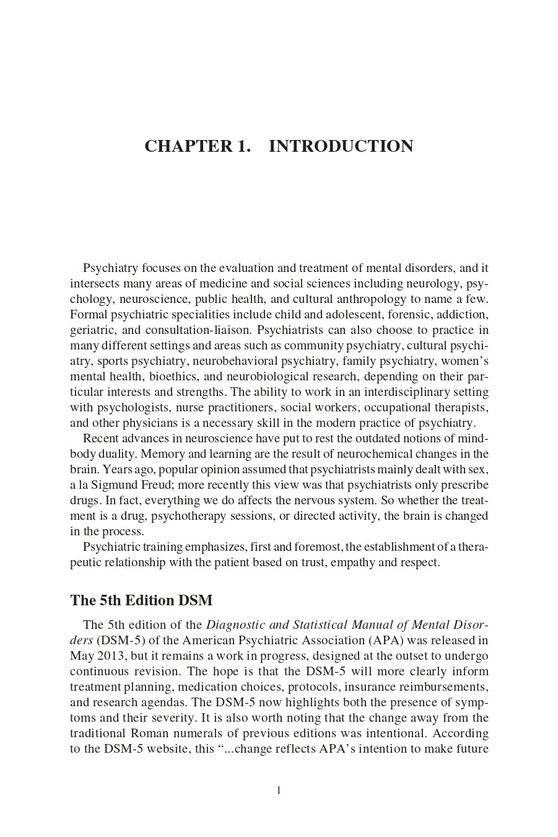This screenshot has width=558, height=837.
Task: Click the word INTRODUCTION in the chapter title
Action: click(x=341, y=146)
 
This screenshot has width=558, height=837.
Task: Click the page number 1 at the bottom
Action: click(x=279, y=790)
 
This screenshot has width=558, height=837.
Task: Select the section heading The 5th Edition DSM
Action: click(x=141, y=600)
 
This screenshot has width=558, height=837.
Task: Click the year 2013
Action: click(x=110, y=656)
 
